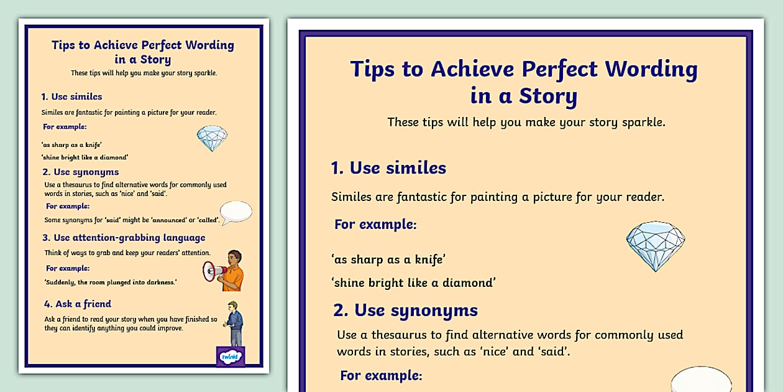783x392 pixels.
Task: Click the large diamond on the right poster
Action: coord(655,246)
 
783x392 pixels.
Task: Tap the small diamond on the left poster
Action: coord(212,138)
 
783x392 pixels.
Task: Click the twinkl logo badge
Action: coord(230,357)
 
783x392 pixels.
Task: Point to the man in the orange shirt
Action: coord(232,271)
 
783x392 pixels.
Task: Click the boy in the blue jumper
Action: coord(234,323)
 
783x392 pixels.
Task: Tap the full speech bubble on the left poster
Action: coord(236,212)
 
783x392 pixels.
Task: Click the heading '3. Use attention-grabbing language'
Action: coord(124,238)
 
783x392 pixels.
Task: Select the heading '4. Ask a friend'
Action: coord(77,304)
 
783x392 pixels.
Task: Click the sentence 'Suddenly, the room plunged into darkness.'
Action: coord(111,282)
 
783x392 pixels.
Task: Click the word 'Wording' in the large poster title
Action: coord(643,68)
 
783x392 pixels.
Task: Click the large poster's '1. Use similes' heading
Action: coord(388,168)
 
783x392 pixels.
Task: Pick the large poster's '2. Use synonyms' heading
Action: coord(405,310)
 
